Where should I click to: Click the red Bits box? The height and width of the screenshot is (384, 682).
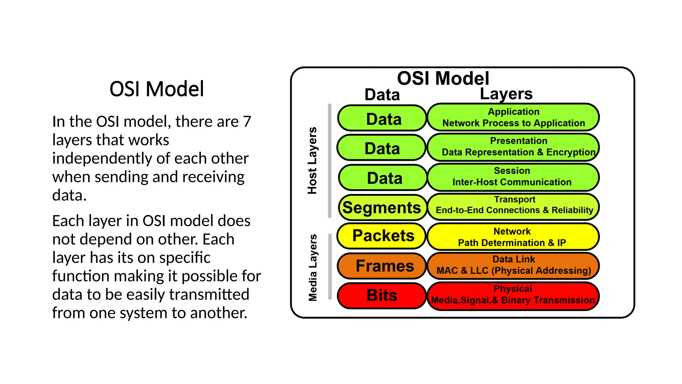click(x=382, y=296)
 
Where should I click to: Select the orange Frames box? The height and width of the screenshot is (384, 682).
click(x=382, y=266)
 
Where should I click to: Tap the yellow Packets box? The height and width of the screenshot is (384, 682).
click(x=382, y=236)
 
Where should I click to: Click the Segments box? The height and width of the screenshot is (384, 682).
click(x=382, y=208)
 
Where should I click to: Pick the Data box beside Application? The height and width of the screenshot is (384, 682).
click(x=382, y=118)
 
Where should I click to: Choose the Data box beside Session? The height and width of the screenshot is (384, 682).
click(x=383, y=178)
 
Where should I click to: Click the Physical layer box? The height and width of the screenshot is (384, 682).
click(x=513, y=296)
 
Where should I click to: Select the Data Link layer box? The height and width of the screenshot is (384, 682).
click(x=513, y=266)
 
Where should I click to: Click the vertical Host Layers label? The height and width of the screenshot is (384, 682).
click(x=312, y=161)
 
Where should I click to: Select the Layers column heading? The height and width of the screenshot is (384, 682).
click(x=506, y=94)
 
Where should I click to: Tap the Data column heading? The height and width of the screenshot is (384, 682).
click(x=382, y=95)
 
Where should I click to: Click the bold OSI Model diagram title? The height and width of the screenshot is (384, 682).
click(x=443, y=79)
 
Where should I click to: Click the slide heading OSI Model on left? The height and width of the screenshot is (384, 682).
click(x=157, y=89)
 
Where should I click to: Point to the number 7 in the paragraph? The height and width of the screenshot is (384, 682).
click(x=247, y=121)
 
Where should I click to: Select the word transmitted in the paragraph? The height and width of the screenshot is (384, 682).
click(x=209, y=294)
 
